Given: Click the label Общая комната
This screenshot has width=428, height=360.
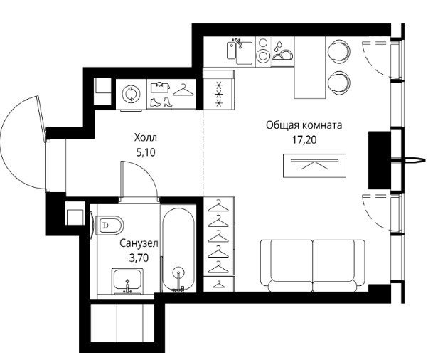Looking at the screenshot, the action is pos(304,125).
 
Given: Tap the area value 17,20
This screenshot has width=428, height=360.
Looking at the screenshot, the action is pos(304,140).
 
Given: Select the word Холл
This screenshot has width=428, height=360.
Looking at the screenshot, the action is pos(146,137).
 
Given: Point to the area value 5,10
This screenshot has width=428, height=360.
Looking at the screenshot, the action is pos(146,152).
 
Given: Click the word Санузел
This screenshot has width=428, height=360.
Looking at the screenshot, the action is pos(139,243).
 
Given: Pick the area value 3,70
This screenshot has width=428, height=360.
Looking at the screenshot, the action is pos(139,258).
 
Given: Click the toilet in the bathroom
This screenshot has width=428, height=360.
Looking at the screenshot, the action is pos(109,226).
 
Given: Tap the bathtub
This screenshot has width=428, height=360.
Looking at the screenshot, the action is pos(178,250).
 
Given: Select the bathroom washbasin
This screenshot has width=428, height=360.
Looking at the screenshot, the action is pos(127,281).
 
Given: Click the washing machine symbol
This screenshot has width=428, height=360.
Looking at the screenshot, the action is pos(131,94).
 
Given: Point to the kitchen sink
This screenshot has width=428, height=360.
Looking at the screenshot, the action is pos(240,52).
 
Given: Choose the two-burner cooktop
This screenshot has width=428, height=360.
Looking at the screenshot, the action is pos(263,51).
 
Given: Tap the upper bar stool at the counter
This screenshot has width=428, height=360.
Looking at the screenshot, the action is pos(338,51).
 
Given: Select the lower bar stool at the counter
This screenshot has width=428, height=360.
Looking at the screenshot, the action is pos(338,83).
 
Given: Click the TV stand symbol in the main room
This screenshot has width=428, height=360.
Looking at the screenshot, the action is pos(314,166).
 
